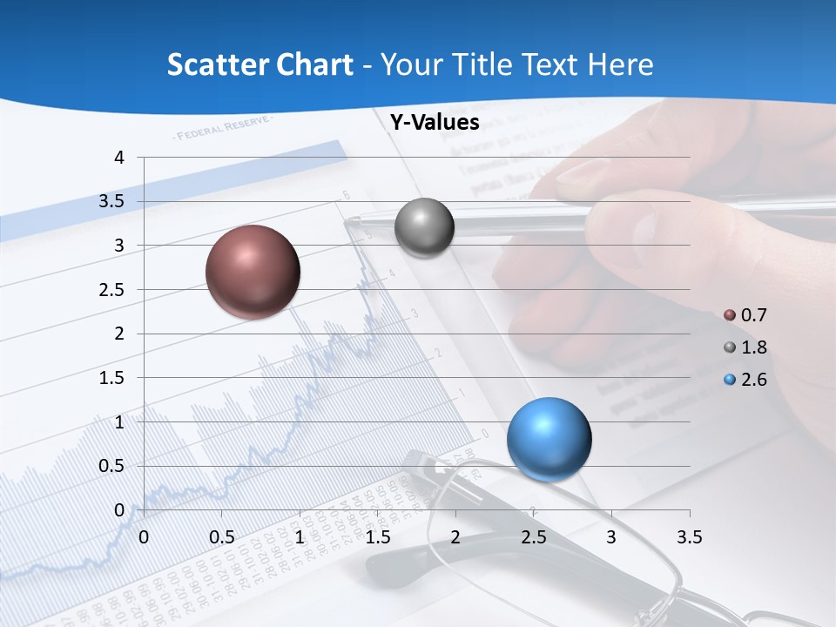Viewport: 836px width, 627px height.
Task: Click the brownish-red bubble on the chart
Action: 253,272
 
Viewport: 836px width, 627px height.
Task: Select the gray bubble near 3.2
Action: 424,228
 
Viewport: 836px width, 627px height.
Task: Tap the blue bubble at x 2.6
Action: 549,438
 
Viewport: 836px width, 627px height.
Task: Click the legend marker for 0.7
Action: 730,315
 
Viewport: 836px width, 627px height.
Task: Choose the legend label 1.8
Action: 753,347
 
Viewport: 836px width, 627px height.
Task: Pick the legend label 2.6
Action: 753,380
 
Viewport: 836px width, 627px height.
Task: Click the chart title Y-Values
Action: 435,123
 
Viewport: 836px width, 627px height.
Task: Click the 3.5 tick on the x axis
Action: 689,537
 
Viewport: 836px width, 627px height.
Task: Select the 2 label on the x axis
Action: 455,537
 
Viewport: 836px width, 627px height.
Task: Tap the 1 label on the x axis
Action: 300,537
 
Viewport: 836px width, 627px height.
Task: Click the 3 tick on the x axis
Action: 611,537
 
